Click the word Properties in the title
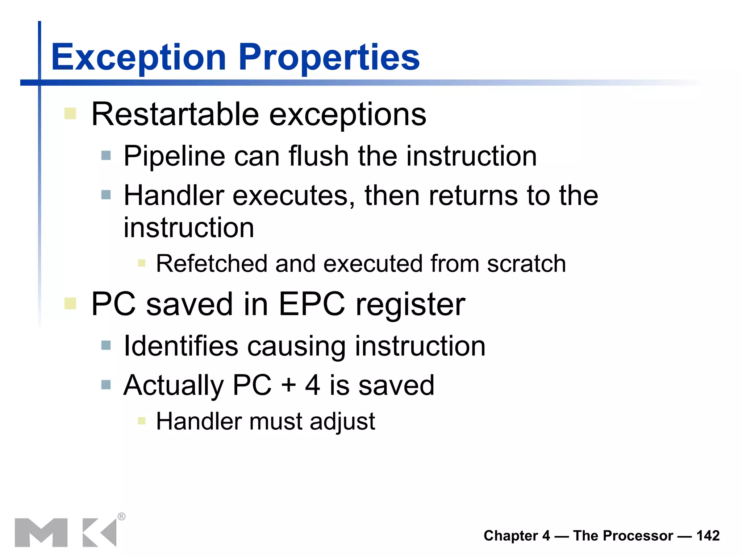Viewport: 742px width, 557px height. pos(329,57)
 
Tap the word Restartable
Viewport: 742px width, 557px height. pos(175,114)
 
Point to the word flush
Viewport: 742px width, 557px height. pos(318,156)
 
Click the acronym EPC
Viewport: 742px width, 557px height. pos(312,304)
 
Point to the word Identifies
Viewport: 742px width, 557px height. pos(181,346)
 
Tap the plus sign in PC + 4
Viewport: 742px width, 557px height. pos(289,385)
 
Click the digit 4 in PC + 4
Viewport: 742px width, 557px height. pos(313,385)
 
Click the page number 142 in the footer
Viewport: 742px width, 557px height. pos(708,536)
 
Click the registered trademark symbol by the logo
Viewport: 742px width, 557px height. pos(122,516)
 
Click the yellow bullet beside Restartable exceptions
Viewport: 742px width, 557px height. pos(70,114)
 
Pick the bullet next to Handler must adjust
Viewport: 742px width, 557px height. pos(142,421)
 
